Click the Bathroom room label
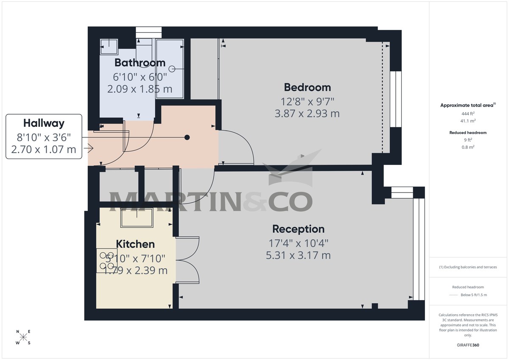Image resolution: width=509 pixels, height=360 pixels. point(140,63)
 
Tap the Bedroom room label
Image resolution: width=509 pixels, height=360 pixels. point(308,87)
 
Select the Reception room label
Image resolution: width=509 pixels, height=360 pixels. point(298,229)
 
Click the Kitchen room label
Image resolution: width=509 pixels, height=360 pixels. point(135,244)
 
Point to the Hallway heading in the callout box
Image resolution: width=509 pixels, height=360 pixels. point(44,123)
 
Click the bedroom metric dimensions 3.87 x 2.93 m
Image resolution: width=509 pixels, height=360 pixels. point(307,114)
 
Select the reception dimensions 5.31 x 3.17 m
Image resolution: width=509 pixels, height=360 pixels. point(298,255)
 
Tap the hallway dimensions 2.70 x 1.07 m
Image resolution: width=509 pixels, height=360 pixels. point(44,149)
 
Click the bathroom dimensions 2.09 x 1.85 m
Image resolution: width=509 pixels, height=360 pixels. point(140,89)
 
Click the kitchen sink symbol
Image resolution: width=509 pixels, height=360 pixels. point(137,218)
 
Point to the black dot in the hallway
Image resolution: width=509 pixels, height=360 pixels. point(187,137)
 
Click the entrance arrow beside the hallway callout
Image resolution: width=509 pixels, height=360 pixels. point(89,148)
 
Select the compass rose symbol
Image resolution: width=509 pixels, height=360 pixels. point(23,337)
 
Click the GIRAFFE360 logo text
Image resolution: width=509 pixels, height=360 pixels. point(468,345)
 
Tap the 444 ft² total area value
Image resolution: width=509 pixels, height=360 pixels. point(468,114)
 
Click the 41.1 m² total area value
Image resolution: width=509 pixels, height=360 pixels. point(468,121)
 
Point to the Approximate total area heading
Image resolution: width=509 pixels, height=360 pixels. point(468,105)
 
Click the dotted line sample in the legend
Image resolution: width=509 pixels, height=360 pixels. point(454,295)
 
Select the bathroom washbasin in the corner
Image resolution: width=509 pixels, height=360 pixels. point(109,46)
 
